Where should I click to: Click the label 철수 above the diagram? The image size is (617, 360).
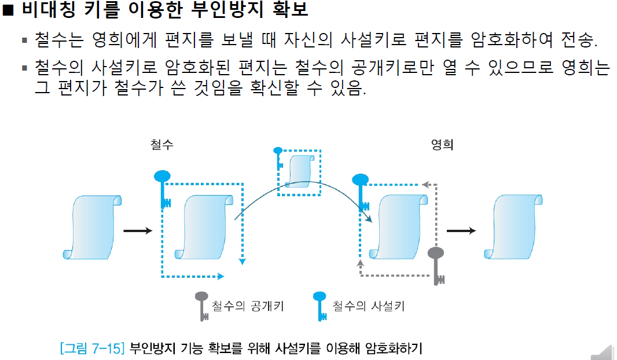[161, 145]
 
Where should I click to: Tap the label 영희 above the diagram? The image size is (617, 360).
[442, 145]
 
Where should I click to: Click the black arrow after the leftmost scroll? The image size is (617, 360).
[138, 231]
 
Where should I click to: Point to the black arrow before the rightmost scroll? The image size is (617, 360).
[461, 230]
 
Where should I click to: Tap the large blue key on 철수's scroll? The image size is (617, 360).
[163, 188]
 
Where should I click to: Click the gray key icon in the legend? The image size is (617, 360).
[202, 306]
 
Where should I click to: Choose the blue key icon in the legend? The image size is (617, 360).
[319, 306]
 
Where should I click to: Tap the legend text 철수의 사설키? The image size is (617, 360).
[368, 306]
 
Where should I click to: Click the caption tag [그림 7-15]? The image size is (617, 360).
[92, 348]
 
